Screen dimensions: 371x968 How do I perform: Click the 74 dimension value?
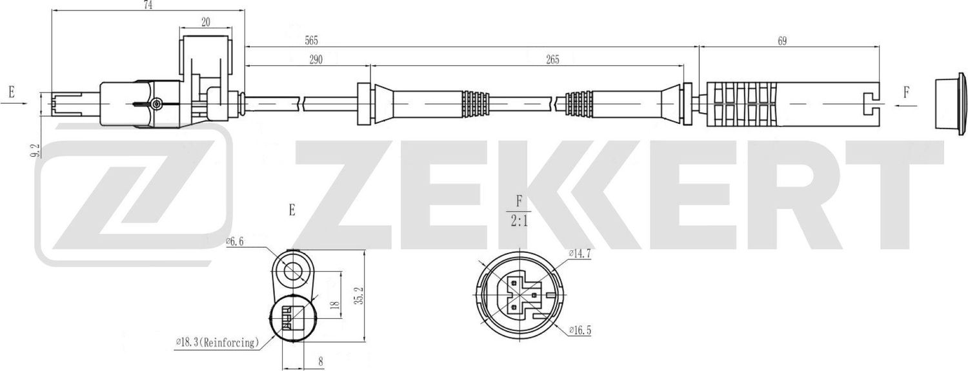(148, 5)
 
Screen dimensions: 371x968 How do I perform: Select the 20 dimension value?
(206, 22)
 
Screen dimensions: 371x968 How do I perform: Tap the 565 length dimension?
(312, 40)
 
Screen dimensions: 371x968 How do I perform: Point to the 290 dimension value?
(316, 59)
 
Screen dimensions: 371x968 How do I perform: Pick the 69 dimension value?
(782, 41)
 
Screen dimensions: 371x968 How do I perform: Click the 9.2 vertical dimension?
(36, 150)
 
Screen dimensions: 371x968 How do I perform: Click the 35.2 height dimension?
(361, 296)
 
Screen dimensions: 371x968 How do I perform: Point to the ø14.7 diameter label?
(580, 254)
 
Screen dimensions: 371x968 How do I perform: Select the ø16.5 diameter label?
(580, 331)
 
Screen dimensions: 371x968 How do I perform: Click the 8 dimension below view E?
(320, 362)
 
